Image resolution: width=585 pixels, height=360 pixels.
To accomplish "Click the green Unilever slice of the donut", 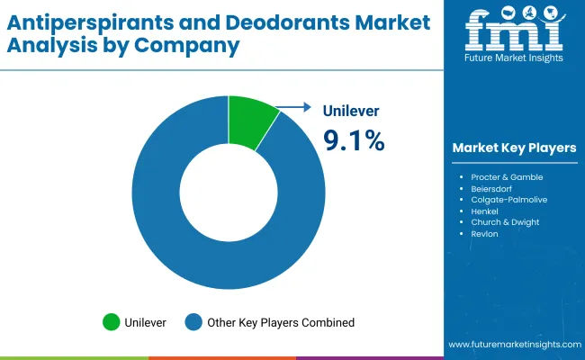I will point(249,121).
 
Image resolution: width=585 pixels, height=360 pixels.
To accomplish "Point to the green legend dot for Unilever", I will point(112,321).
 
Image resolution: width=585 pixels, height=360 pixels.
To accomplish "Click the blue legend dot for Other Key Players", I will point(193,321).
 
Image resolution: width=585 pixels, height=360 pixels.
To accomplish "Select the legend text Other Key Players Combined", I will point(281,322).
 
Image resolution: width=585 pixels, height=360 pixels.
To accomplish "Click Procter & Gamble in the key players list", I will point(507,177).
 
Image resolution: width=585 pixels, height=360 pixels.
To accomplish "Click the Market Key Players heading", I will point(514,148).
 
